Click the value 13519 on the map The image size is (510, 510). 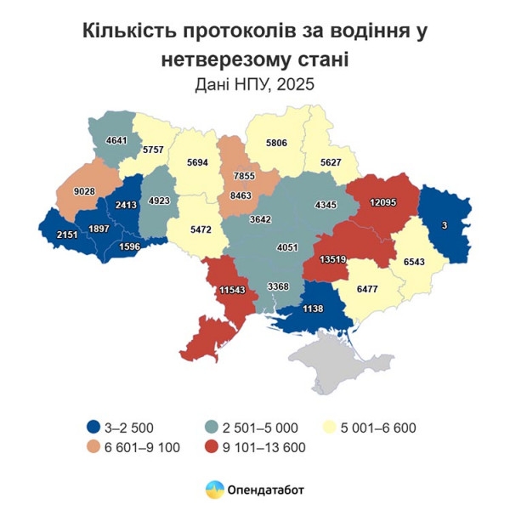click(332, 260)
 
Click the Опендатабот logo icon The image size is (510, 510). click(214, 489)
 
